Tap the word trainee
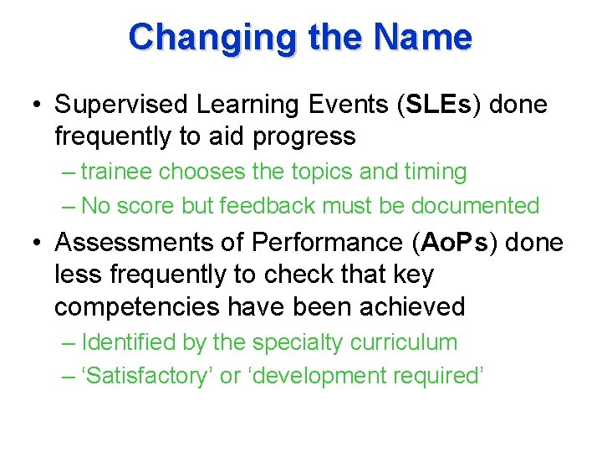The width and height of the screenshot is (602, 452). [119, 172]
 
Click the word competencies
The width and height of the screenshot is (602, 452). [135, 306]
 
